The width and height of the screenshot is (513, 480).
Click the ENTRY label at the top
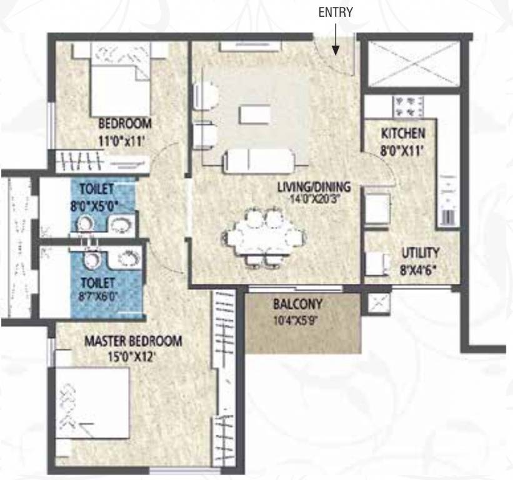(x=336, y=12)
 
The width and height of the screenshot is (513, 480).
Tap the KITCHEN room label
(x=404, y=133)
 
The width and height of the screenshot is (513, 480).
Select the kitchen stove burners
(x=408, y=104)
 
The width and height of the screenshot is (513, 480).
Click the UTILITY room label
(x=420, y=253)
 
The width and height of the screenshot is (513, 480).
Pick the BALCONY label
(x=297, y=305)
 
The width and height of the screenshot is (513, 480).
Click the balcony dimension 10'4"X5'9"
(x=297, y=323)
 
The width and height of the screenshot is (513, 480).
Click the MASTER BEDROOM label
(x=133, y=342)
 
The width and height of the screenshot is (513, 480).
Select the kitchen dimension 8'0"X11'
(x=404, y=149)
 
